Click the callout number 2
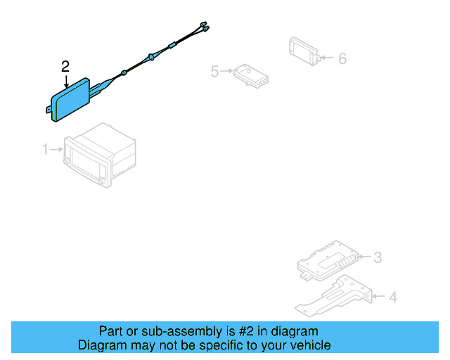tap(65, 67)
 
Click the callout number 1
tap(45, 149)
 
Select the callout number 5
tap(214, 70)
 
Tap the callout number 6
tap(342, 58)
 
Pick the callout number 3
tap(377, 257)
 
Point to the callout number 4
tap(392, 297)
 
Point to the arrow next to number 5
tap(227, 70)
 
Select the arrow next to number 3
tap(363, 257)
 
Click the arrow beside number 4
tap(378, 297)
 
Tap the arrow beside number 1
tap(56, 149)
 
